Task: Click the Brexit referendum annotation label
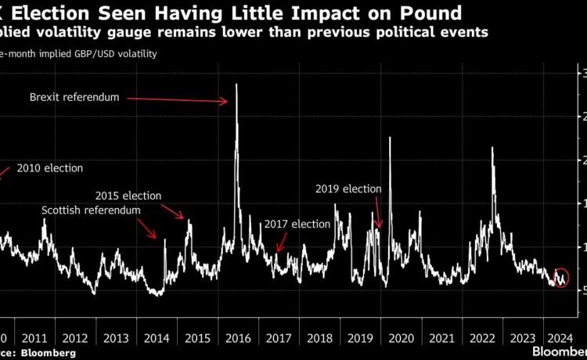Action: pyautogui.click(x=74, y=97)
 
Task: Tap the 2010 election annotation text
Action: pyautogui.click(x=49, y=168)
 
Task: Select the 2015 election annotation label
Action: pyautogui.click(x=128, y=196)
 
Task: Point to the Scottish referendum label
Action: pyautogui.click(x=91, y=211)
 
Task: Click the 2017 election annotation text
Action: pyautogui.click(x=297, y=224)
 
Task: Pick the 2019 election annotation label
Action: pyautogui.click(x=348, y=189)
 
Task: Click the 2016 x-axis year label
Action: pyautogui.click(x=236, y=338)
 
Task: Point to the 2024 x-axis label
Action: pyautogui.click(x=563, y=338)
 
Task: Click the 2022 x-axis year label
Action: pyautogui.click(x=482, y=338)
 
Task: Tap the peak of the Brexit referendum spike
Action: pyautogui.click(x=236, y=85)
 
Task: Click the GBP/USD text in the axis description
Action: pyautogui.click(x=81, y=53)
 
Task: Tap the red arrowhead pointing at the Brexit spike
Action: pyautogui.click(x=225, y=100)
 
